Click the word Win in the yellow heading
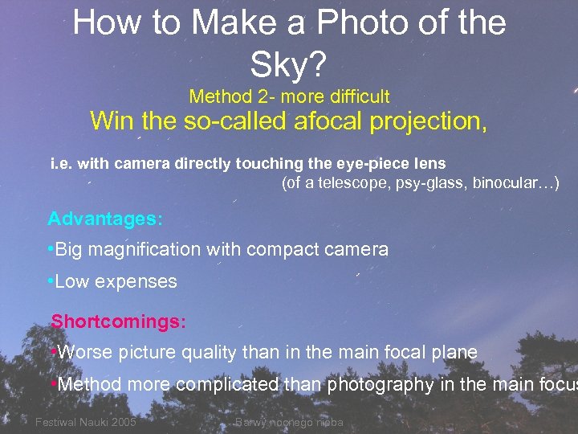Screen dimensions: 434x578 tap(112, 121)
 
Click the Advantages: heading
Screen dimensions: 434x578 tap(105, 219)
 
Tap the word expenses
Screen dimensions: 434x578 tap(139, 282)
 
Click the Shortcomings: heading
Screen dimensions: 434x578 tap(119, 322)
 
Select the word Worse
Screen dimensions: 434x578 tap(86, 353)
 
